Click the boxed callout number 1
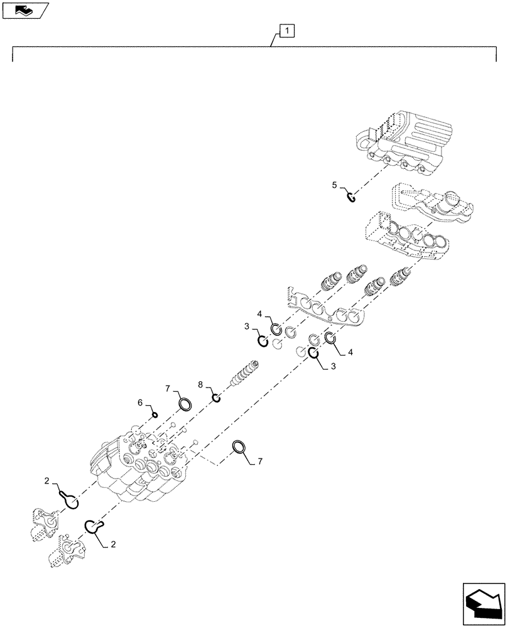point(285,30)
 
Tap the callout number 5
point(335,185)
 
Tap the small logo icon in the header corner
point(26,9)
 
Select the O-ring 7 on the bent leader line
point(239,447)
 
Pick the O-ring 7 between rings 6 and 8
point(185,404)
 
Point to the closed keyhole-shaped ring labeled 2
point(70,499)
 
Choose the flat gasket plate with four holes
point(327,308)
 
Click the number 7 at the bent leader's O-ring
point(261,462)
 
